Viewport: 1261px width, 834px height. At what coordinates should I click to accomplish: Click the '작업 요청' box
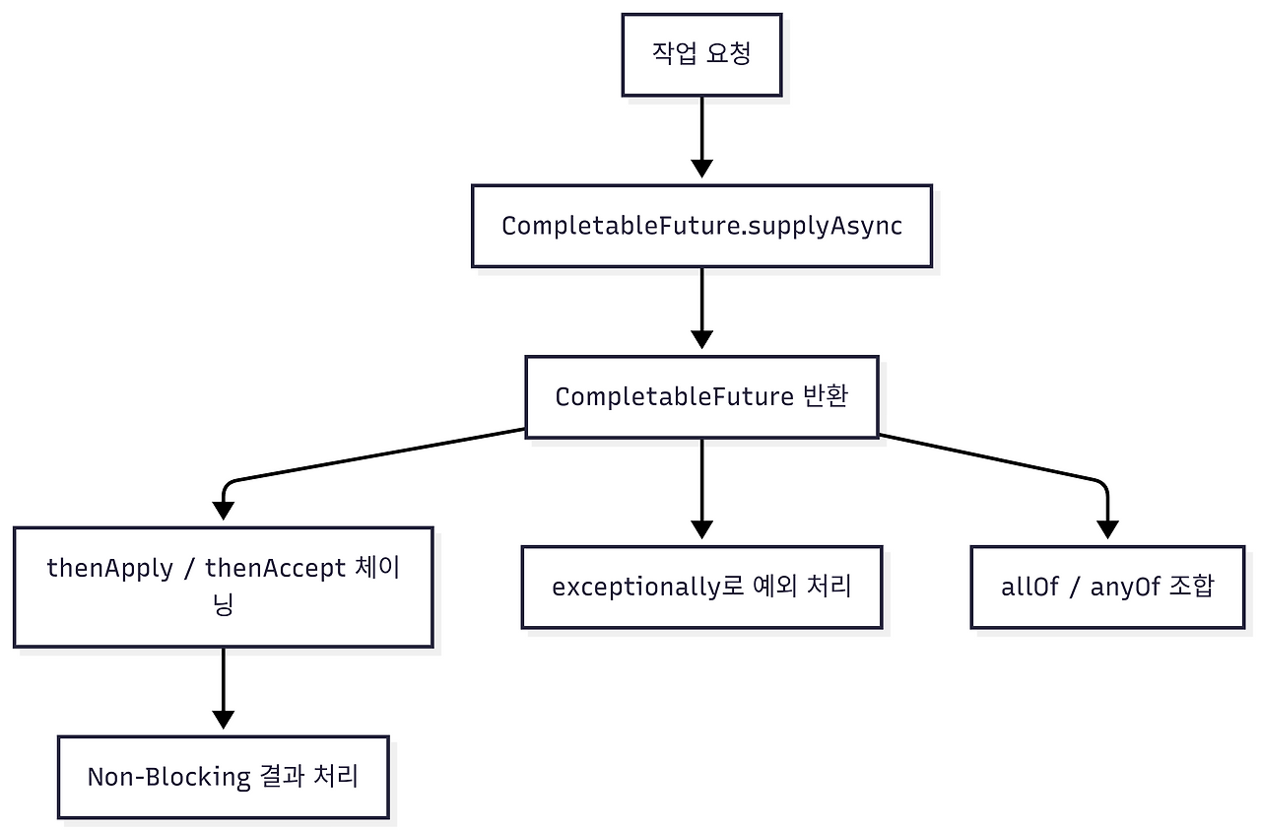tap(701, 55)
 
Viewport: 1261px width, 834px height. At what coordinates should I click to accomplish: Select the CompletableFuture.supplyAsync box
tap(701, 226)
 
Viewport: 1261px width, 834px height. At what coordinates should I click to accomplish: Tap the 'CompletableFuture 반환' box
tap(701, 397)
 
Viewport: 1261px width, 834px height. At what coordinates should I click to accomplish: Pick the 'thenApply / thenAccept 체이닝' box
tap(224, 588)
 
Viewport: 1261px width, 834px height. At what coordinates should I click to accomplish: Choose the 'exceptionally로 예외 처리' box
tap(701, 588)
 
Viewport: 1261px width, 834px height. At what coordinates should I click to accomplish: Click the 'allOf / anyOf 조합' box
tap(1107, 588)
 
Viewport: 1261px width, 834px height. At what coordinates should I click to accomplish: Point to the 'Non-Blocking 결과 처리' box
tap(224, 777)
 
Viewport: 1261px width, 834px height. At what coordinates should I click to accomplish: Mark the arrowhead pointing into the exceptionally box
tap(701, 528)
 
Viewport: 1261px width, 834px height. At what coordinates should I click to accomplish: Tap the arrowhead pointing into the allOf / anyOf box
tap(1107, 528)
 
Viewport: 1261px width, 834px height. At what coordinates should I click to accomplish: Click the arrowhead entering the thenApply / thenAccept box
tap(224, 510)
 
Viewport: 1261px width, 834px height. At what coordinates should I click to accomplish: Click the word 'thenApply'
tap(109, 569)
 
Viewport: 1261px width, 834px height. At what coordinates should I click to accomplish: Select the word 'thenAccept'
tap(275, 569)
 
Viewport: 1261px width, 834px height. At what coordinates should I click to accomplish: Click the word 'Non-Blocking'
tap(168, 777)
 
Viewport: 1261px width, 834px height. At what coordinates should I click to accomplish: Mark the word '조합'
tap(1191, 588)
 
